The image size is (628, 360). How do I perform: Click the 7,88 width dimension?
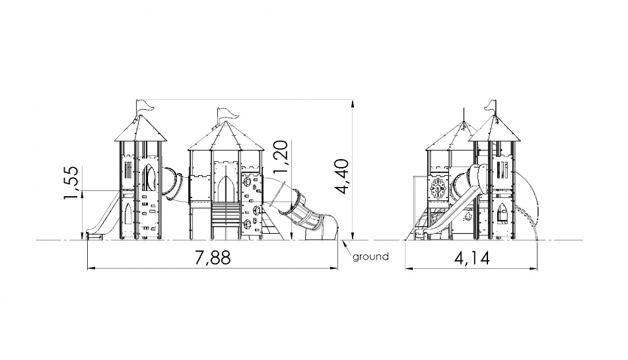(213, 258)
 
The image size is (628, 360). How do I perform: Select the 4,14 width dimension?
(471, 259)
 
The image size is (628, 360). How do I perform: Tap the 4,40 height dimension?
(343, 176)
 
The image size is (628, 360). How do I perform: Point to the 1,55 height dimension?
(71, 182)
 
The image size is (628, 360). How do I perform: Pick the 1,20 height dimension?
(280, 157)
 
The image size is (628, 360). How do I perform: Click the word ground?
(370, 257)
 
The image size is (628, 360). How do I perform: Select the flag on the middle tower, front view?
(227, 114)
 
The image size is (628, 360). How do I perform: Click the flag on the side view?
(491, 104)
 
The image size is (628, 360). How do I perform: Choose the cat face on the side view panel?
(468, 218)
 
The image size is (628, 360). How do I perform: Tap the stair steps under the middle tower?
(227, 215)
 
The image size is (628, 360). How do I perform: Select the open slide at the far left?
(102, 216)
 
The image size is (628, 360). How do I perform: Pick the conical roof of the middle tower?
(227, 137)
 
